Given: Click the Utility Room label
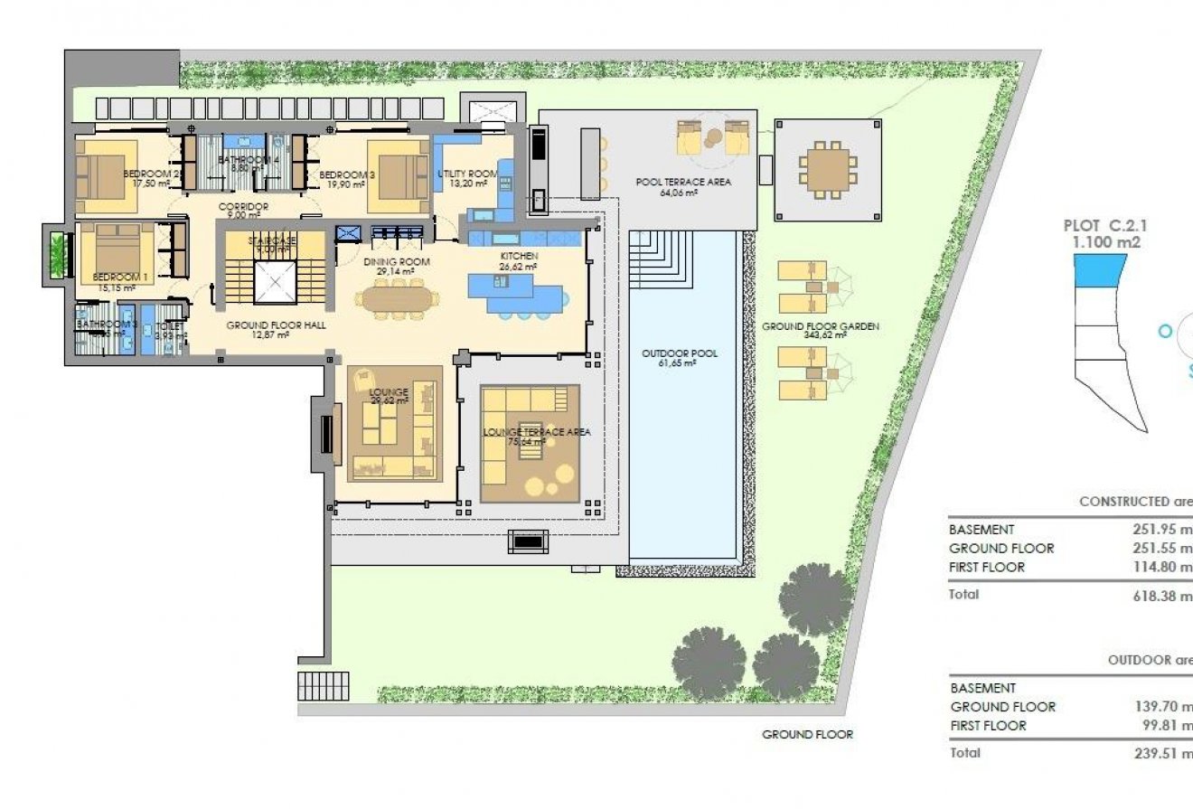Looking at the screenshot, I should point(467,174).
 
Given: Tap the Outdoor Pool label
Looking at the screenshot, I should point(680,353).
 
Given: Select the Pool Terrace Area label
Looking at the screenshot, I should point(683,182).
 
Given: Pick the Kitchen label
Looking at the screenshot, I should point(520,257).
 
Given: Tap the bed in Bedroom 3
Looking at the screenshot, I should point(398,169).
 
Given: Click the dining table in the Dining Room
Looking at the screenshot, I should point(394,297).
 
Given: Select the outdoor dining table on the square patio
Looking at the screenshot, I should point(828,169).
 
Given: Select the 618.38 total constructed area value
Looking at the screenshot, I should point(1161,596).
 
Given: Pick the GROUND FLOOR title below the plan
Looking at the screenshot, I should point(807,735).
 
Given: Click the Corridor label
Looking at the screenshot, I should point(244,207).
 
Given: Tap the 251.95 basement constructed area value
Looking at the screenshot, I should point(1162,530).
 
